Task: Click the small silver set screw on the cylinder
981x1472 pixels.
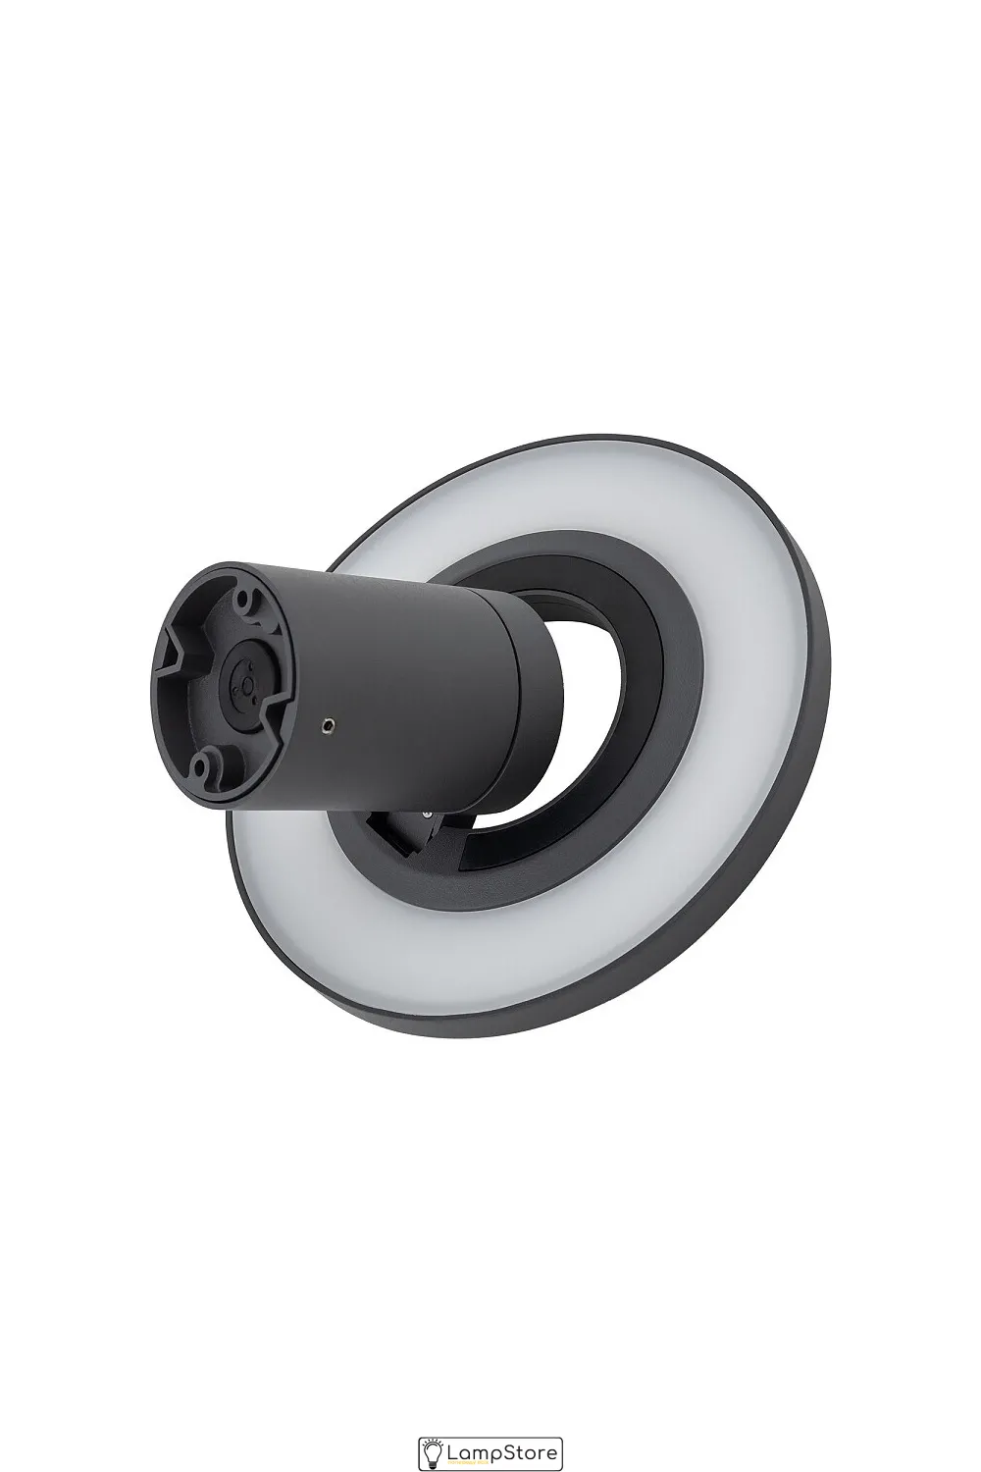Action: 328,725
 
